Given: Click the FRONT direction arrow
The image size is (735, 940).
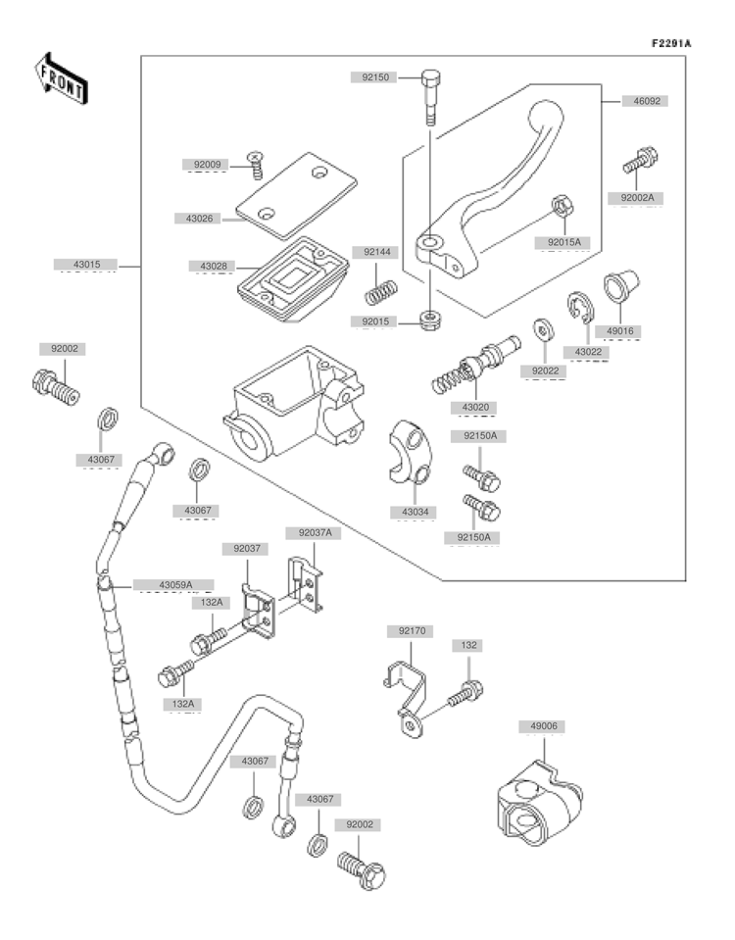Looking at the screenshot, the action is (61, 78).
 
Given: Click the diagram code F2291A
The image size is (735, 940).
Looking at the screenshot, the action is (671, 43).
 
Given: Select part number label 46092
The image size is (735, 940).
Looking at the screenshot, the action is (647, 101).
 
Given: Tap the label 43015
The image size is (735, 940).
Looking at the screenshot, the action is (87, 265).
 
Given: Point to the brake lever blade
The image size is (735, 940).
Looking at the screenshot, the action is (492, 192).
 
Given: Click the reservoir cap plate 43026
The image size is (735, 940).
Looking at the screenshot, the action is (296, 195).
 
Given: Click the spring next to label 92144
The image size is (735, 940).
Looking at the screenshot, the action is (381, 291).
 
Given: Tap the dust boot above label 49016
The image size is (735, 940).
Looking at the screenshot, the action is (621, 286).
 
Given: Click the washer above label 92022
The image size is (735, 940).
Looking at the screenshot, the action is (544, 329).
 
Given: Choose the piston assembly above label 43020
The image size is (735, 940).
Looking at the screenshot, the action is (476, 365).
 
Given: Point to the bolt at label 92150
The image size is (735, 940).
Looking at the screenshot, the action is (431, 96).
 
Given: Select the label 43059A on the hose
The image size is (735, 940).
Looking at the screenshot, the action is (173, 585).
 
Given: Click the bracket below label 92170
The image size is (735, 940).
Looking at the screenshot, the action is (406, 700).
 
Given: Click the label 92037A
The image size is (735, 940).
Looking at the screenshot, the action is (316, 532).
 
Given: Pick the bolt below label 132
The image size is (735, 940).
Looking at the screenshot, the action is (465, 694).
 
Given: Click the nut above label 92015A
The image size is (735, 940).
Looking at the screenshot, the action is (563, 207).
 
